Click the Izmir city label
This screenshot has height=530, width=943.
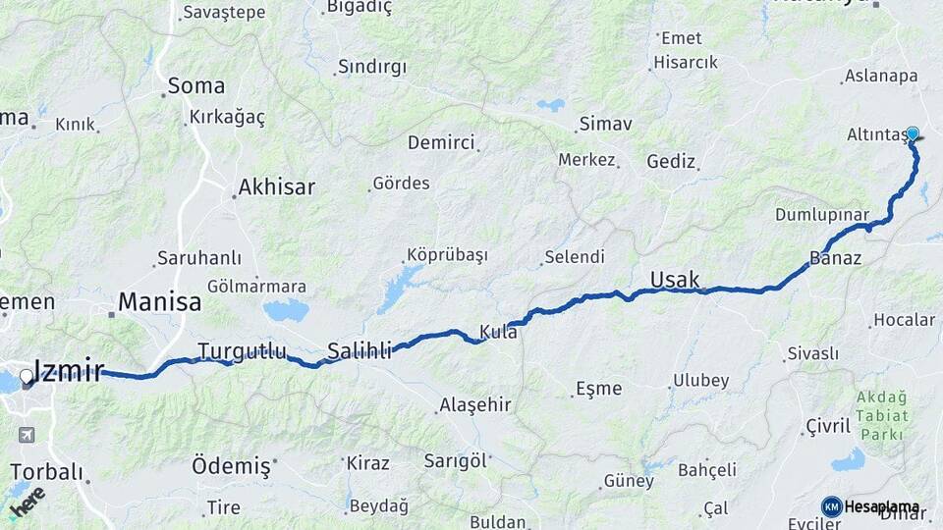(x=69, y=370)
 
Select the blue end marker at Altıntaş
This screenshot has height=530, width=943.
(x=913, y=134)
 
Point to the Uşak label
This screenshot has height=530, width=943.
(x=675, y=280)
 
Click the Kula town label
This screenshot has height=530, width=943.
(x=498, y=332)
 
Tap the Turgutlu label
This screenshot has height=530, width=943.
(x=242, y=350)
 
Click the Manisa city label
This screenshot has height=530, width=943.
(x=159, y=301)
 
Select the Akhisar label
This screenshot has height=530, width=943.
(x=276, y=186)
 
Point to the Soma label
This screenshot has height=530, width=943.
(x=195, y=85)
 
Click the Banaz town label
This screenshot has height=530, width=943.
(x=836, y=259)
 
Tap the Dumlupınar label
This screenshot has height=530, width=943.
(x=822, y=214)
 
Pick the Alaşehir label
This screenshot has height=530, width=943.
(x=475, y=404)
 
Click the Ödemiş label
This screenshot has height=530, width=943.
(x=231, y=466)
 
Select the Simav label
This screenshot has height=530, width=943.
(x=605, y=125)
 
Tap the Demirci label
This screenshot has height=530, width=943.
(x=441, y=142)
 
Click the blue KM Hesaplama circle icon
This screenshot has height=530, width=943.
(x=831, y=506)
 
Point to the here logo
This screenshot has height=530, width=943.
(x=27, y=503)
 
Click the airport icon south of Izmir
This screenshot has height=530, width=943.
(x=26, y=434)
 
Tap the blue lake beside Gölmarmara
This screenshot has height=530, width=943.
(x=285, y=311)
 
